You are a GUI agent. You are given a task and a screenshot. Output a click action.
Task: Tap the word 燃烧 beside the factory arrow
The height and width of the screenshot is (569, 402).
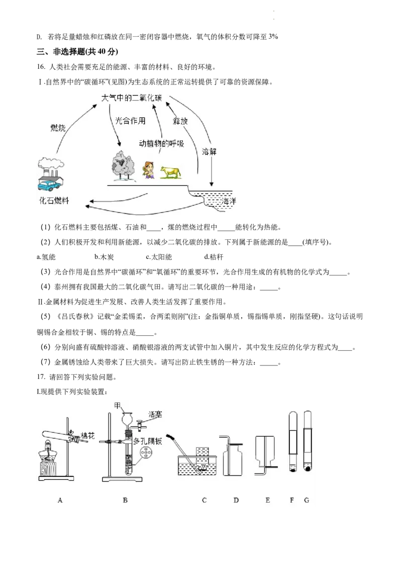point(58,128)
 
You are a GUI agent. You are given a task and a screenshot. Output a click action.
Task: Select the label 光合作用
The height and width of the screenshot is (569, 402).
point(130,121)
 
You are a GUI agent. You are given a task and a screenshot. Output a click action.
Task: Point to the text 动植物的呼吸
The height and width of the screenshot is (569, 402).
point(161,144)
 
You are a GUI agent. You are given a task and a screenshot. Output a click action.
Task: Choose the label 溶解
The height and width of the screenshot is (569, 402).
point(209,151)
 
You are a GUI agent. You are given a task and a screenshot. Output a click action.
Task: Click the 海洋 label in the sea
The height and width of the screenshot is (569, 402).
point(229,201)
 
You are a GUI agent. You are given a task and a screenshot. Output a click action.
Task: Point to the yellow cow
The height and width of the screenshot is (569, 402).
point(170,172)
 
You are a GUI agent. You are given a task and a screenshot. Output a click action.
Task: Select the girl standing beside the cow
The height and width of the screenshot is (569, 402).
point(148,170)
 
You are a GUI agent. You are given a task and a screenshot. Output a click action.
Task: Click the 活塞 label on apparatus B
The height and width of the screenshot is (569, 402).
point(155,414)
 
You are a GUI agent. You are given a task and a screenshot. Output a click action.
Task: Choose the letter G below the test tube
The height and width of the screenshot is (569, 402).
point(307,500)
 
